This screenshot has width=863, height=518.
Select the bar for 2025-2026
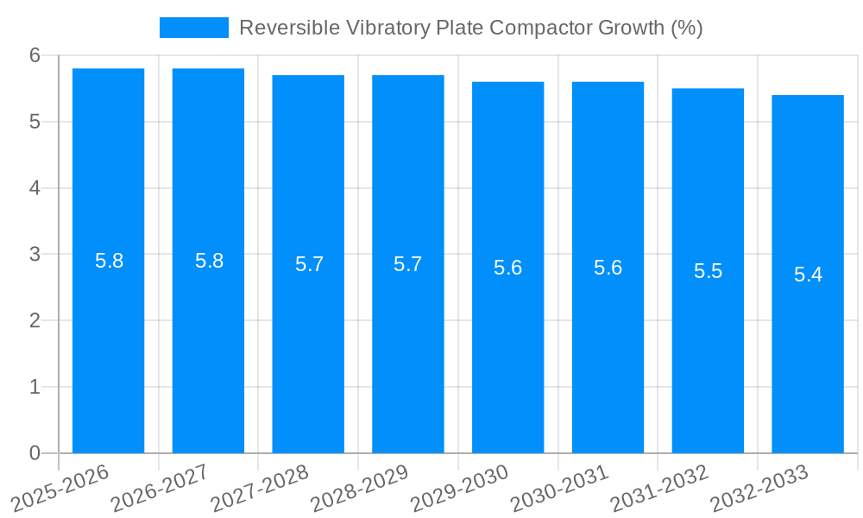click(x=108, y=345)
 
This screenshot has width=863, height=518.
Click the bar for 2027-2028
click(x=308, y=345)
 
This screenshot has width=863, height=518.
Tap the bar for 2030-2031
click(x=608, y=345)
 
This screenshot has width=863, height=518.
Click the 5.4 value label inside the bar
click(x=808, y=275)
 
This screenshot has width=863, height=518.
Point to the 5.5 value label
click(x=708, y=271)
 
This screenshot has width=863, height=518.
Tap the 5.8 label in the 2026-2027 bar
click(x=209, y=261)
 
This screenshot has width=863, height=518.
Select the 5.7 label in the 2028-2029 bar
click(x=407, y=264)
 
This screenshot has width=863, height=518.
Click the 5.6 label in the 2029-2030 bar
click(x=507, y=268)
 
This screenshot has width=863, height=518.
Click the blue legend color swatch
click(x=194, y=28)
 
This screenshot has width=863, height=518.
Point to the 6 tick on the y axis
click(x=35, y=55)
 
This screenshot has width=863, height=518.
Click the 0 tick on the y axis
click(x=35, y=453)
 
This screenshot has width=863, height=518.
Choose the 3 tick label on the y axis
click(x=35, y=255)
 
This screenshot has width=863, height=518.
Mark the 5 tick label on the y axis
click(x=35, y=122)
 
